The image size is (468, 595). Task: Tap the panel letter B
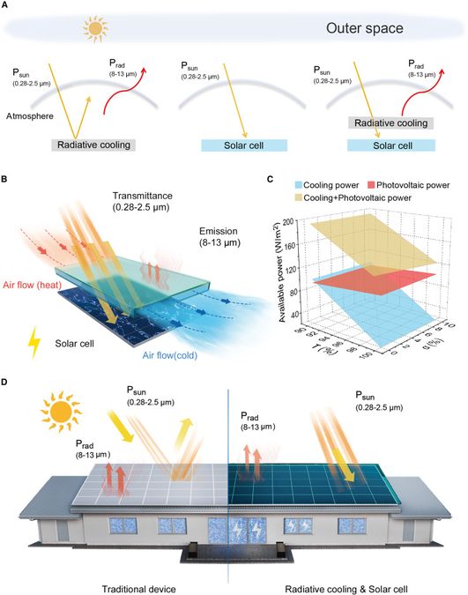[x=6, y=181]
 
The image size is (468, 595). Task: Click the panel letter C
[x=271, y=181]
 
